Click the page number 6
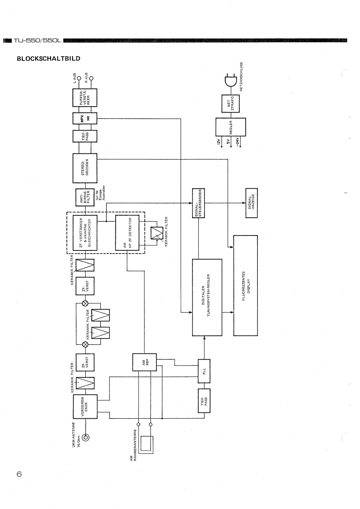19,474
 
